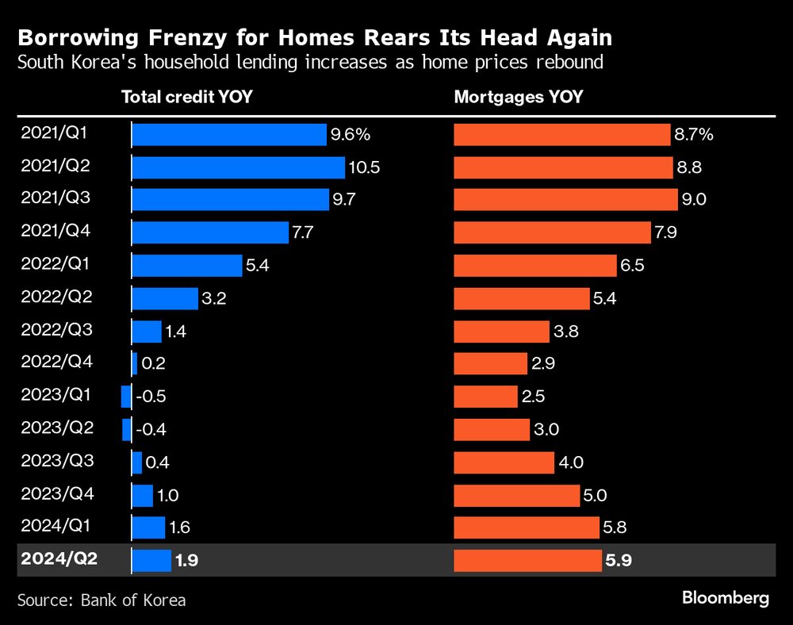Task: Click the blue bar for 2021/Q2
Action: [238, 167]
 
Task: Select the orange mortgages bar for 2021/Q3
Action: [565, 200]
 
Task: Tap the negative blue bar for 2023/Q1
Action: [126, 397]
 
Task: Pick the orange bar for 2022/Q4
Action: [490, 364]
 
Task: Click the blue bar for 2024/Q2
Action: [151, 561]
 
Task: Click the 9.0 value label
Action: [694, 200]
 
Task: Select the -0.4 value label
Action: [151, 430]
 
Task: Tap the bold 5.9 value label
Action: [620, 561]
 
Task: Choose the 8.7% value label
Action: [694, 135]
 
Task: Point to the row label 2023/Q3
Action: [56, 461]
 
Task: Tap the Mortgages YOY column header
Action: [518, 98]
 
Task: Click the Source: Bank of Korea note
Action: [102, 600]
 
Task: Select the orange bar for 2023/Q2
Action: [491, 430]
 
